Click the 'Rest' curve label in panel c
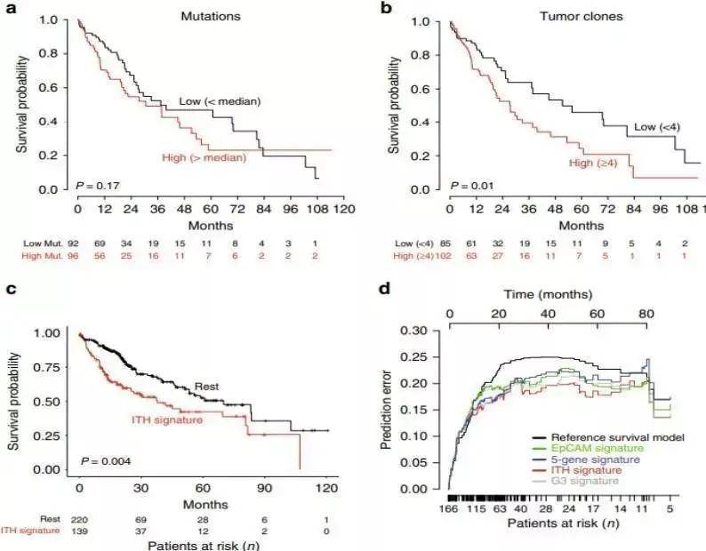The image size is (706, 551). point(209,387)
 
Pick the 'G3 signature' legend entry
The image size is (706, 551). point(583,481)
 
